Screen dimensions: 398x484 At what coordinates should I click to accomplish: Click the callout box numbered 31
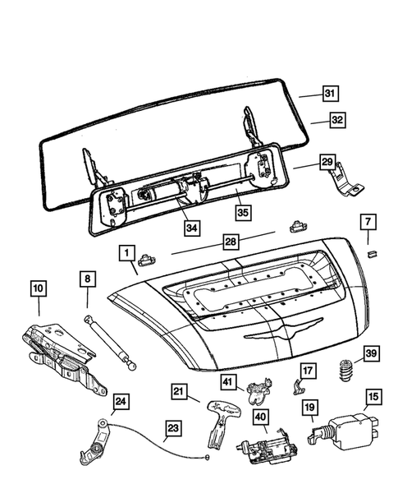pos(331,93)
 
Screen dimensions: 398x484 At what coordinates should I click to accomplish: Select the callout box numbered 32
pos(337,120)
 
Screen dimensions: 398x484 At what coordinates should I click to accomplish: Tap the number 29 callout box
pos(327,162)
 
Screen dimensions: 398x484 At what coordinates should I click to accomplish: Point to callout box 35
pos(243,212)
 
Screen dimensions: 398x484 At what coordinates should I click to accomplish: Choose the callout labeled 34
pos(192,228)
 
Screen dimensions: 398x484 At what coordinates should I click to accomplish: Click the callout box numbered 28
pos(231,242)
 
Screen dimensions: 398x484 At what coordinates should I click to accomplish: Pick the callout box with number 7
pos(368,222)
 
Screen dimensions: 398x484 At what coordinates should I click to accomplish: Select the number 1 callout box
pos(126,253)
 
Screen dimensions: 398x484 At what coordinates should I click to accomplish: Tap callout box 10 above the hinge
pos(39,288)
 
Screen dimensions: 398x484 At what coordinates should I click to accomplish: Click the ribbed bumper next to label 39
pos(346,371)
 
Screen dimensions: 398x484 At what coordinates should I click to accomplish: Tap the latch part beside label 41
pos(259,390)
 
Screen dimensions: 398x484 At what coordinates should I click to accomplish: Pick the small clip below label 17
pos(298,387)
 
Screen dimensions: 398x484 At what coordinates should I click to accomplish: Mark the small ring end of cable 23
pos(207,457)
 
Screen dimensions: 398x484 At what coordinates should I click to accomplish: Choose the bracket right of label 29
pos(346,181)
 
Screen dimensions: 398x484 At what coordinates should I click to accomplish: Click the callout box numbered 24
pos(121,402)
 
